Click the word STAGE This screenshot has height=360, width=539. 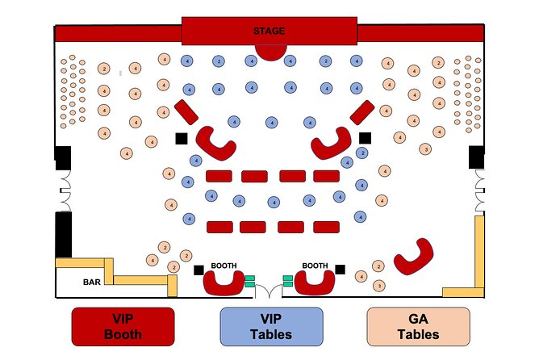(269, 31)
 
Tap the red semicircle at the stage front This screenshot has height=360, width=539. (270, 52)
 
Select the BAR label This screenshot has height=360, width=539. (92, 283)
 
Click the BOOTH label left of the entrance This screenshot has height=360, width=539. (223, 265)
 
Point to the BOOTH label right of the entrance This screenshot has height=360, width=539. (314, 265)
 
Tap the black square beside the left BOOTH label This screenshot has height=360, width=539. (199, 270)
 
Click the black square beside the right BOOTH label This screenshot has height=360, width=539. (341, 269)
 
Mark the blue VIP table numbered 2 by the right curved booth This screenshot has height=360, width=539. (362, 153)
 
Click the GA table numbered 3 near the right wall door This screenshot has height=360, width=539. (425, 149)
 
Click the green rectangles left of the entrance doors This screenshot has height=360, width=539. (250, 280)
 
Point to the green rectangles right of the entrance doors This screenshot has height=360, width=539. (287, 280)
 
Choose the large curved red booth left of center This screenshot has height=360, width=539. (217, 143)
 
